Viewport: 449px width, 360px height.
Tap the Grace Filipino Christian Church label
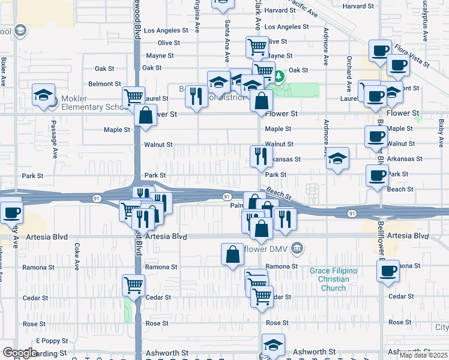coord(333,279)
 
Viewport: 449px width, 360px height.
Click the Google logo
coord(19,353)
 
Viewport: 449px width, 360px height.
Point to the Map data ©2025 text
coord(423,355)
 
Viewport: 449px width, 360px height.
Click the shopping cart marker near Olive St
coord(257,46)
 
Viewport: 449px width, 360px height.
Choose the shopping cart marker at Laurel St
coord(133,97)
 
